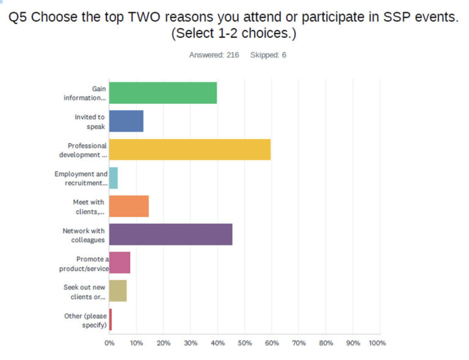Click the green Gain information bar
pyautogui.click(x=162, y=93)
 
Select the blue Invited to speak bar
pyautogui.click(x=126, y=121)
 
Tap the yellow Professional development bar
pyautogui.click(x=189, y=149)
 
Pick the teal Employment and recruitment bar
pyautogui.click(x=113, y=178)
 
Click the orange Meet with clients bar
pyautogui.click(x=128, y=206)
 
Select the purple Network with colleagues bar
pyautogui.click(x=170, y=234)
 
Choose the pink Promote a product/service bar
pyautogui.click(x=119, y=263)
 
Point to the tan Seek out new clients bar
pyautogui.click(x=117, y=291)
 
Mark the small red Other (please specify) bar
pyautogui.click(x=111, y=320)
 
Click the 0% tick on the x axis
pyautogui.click(x=109, y=343)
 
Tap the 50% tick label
pyautogui.click(x=244, y=343)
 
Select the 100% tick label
pyautogui.click(x=377, y=343)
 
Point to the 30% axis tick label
pyautogui.click(x=190, y=343)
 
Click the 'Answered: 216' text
pyautogui.click(x=214, y=55)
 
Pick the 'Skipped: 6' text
pyautogui.click(x=268, y=55)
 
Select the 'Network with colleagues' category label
pyautogui.click(x=84, y=235)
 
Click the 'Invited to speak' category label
pyautogui.click(x=90, y=121)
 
